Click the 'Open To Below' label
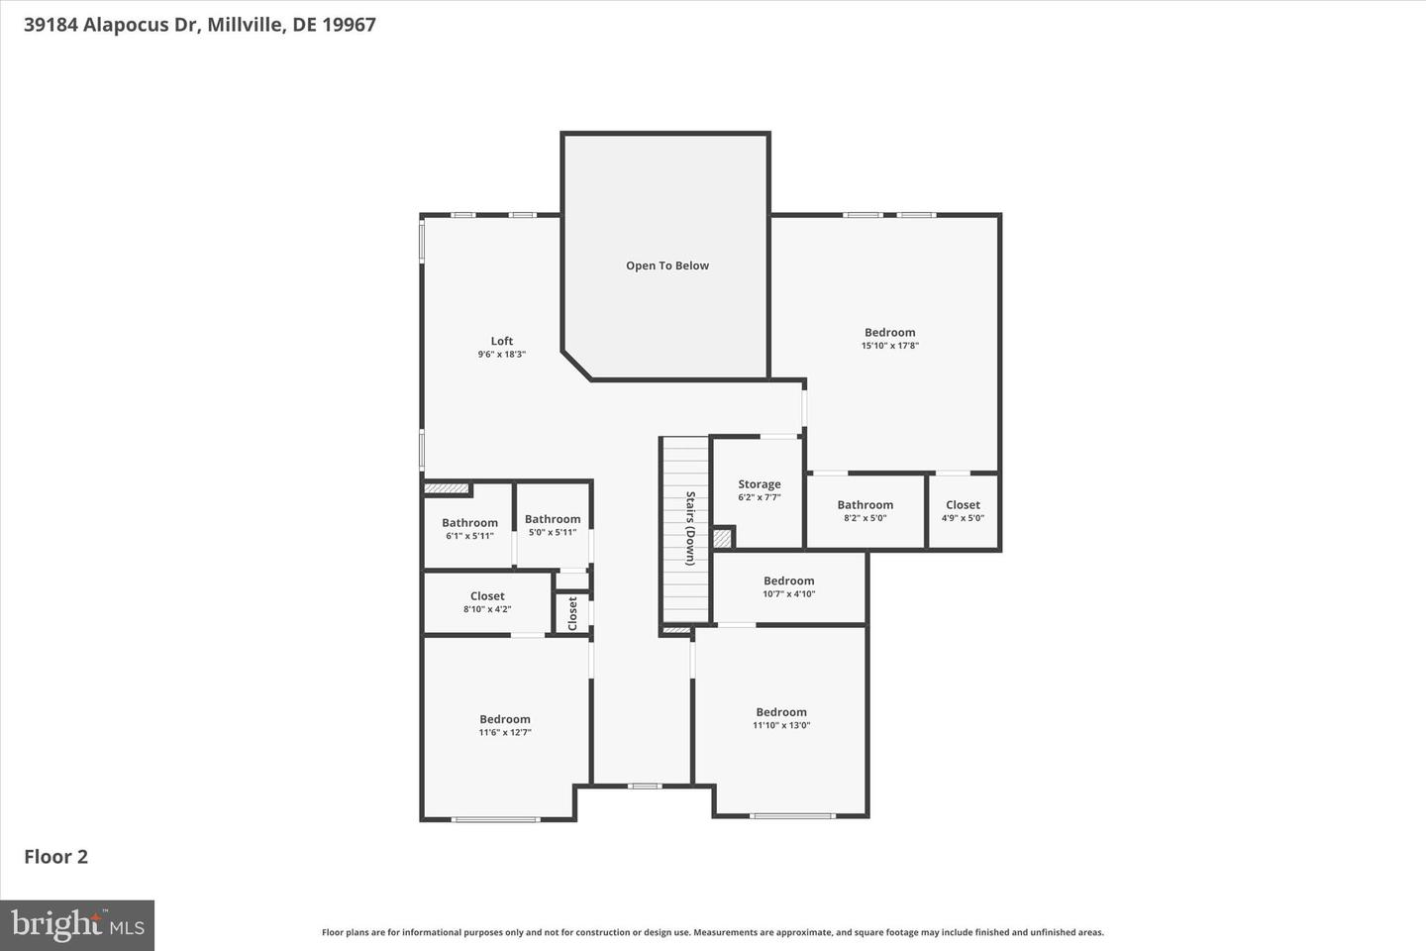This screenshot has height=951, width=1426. point(666,265)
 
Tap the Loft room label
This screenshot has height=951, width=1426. point(502,342)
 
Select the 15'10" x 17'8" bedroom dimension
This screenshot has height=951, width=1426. point(889,346)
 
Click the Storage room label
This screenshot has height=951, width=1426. point(759,484)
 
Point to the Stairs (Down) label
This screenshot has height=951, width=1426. point(690,528)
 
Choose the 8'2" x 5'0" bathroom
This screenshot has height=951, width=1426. point(865,511)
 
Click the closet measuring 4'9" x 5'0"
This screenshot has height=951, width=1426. point(963,511)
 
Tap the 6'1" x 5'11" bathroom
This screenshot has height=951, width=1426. point(469,529)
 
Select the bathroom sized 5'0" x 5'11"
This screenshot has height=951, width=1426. point(553,525)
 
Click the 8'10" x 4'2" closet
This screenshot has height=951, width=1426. point(487,602)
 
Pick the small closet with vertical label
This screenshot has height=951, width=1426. point(572,613)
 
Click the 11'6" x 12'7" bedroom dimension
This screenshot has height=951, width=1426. point(505,733)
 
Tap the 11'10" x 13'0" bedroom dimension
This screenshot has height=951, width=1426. point(781,725)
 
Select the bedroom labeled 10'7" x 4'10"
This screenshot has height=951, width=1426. point(788,587)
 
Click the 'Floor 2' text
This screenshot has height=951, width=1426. point(56,857)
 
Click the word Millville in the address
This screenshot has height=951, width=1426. point(247,25)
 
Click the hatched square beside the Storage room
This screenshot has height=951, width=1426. point(723,538)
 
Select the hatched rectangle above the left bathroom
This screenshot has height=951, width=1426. point(446,488)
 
